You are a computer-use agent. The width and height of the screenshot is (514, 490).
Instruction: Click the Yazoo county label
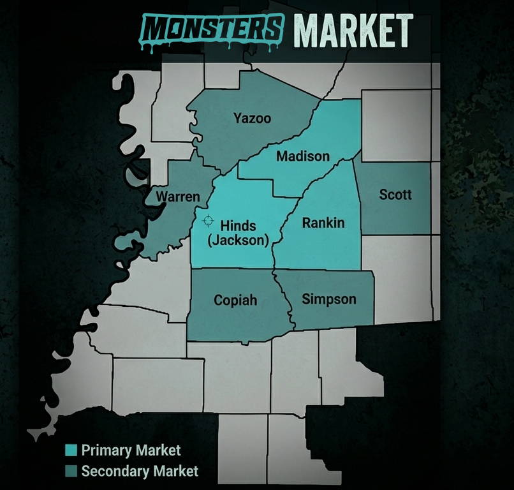pos(252,118)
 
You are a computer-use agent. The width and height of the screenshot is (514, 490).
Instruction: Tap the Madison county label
pos(303,156)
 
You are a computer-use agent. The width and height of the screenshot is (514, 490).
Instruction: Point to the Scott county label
pos(395,195)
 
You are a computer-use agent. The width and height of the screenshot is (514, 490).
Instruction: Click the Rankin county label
pos(323,223)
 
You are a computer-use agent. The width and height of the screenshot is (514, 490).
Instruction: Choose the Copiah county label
pos(235,300)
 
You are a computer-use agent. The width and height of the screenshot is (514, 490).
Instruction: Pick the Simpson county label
pos(329,299)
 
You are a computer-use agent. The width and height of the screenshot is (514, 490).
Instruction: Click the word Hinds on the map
pos(238,225)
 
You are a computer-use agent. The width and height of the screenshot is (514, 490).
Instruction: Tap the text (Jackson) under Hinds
pos(238,240)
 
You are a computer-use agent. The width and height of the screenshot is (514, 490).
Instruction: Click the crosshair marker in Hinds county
pos(207,221)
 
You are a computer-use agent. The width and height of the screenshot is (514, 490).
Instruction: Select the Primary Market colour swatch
pos(71,450)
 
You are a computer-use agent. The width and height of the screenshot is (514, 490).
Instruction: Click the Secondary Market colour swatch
pos(71,471)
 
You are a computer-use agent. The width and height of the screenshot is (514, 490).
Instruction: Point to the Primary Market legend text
pos(131,450)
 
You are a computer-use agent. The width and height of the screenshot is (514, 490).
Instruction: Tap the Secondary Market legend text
pos(140,471)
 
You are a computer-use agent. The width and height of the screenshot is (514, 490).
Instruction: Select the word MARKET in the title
pos(353,28)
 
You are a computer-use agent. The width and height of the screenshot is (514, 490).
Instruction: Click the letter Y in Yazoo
pos(238,118)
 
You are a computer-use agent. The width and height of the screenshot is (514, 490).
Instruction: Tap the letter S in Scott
pos(383,195)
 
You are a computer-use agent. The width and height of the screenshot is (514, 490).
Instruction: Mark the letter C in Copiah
pos(219,300)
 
